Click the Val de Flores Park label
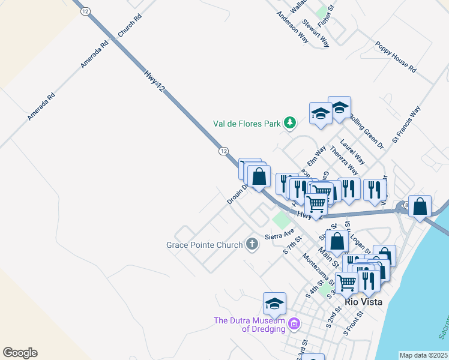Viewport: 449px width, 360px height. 247,124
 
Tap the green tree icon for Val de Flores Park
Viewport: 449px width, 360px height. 290,123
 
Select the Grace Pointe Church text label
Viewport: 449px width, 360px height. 204,245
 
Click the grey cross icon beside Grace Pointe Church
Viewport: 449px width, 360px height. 252,244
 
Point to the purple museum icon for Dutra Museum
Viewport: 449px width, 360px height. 294,325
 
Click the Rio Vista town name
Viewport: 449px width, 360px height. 364,302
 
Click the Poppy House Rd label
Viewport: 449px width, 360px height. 396,58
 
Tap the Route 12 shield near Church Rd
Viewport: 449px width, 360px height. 86,11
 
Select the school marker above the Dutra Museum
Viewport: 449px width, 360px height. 274,304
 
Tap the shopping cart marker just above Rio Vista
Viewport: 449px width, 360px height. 346,281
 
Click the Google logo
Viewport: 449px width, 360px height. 20,353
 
